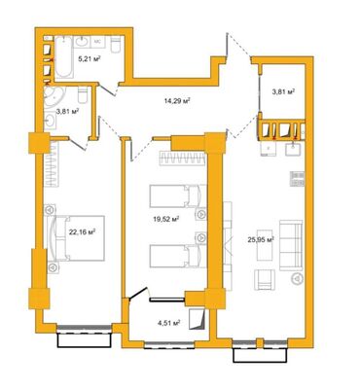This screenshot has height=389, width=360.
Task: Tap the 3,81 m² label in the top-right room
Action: (283, 91)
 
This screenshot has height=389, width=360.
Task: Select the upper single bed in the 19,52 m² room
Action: (176, 197)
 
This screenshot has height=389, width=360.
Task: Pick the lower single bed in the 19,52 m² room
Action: (176, 257)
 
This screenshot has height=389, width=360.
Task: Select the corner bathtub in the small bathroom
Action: (58, 98)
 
